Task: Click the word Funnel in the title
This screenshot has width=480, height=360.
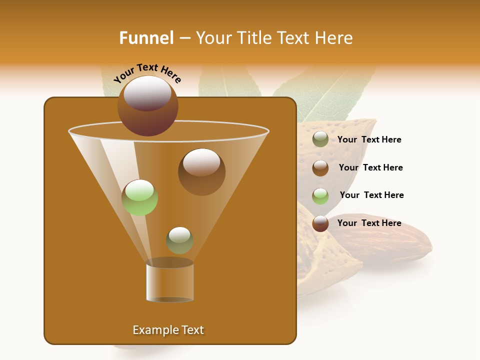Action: [x=146, y=38]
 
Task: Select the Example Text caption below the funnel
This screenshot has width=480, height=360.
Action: [x=168, y=330]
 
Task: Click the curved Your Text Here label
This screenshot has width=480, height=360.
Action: [x=147, y=72]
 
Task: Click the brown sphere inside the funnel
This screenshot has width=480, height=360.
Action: [x=201, y=171]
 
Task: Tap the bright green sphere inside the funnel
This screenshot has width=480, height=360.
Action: [x=140, y=197]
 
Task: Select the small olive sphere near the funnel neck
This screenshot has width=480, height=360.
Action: [x=179, y=240]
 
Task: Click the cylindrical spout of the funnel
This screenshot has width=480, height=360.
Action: [x=169, y=282]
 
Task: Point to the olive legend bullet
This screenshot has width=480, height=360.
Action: [x=320, y=139]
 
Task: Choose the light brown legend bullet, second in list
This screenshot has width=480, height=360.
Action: [x=320, y=168]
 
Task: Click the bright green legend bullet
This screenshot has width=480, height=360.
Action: [x=320, y=196]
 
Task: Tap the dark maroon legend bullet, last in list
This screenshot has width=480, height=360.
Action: [x=320, y=223]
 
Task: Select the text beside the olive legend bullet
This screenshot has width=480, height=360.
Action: [x=369, y=140]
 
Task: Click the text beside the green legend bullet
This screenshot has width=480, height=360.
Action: [x=371, y=195]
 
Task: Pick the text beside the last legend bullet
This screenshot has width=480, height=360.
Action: [x=369, y=223]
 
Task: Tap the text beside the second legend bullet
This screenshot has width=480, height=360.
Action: [x=370, y=167]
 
